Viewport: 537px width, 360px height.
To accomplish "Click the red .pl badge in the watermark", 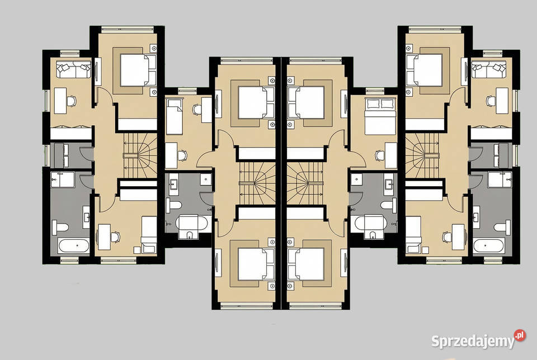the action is click(x=520, y=335).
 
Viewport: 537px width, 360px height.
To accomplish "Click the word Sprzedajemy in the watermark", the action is click(x=473, y=341).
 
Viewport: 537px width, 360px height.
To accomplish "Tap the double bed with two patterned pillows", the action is click(x=381, y=117).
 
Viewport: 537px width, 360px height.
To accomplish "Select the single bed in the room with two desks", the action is click(x=174, y=116).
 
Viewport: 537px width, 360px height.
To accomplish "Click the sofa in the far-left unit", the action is click(x=73, y=69).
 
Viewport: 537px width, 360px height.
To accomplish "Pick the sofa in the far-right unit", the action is click(x=489, y=69).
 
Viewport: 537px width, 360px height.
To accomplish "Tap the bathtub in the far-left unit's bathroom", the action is click(x=74, y=246).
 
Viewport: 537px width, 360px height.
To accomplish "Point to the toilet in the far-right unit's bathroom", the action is click(x=502, y=227).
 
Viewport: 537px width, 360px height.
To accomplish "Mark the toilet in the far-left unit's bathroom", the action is click(x=60, y=227).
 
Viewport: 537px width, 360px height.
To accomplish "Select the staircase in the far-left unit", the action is click(x=140, y=156).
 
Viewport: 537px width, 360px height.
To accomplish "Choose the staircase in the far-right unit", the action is click(x=422, y=156).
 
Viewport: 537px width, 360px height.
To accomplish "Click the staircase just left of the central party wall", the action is click(x=257, y=184).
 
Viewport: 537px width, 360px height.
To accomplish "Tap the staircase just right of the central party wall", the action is click(x=305, y=184).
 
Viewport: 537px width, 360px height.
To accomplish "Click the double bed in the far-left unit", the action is click(x=138, y=70).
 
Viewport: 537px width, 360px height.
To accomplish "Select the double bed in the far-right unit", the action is click(x=424, y=70).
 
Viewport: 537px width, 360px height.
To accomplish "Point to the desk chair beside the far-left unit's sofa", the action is click(x=71, y=101).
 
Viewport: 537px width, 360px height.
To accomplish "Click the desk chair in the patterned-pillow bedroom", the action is click(x=380, y=156).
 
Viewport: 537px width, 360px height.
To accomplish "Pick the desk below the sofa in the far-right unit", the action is click(x=502, y=101).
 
